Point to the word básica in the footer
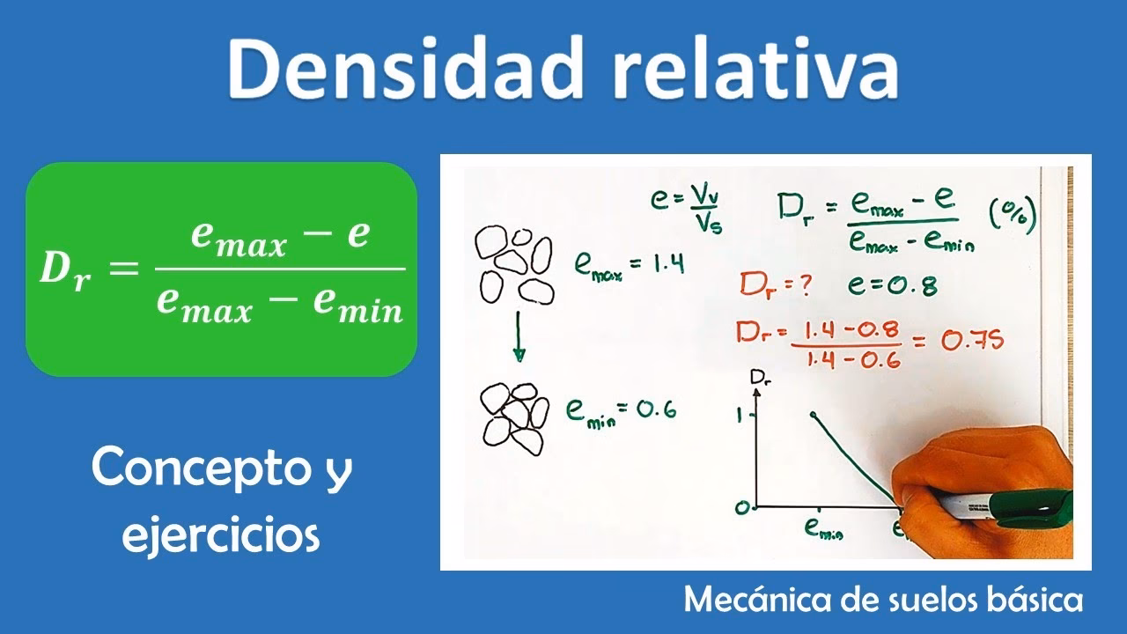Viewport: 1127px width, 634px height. point(1029,601)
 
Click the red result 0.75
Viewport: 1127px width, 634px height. point(972,339)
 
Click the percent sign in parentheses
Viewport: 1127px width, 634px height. point(1012,214)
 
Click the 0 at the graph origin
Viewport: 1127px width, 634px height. point(742,507)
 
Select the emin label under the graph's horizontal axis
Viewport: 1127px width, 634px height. point(822,528)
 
